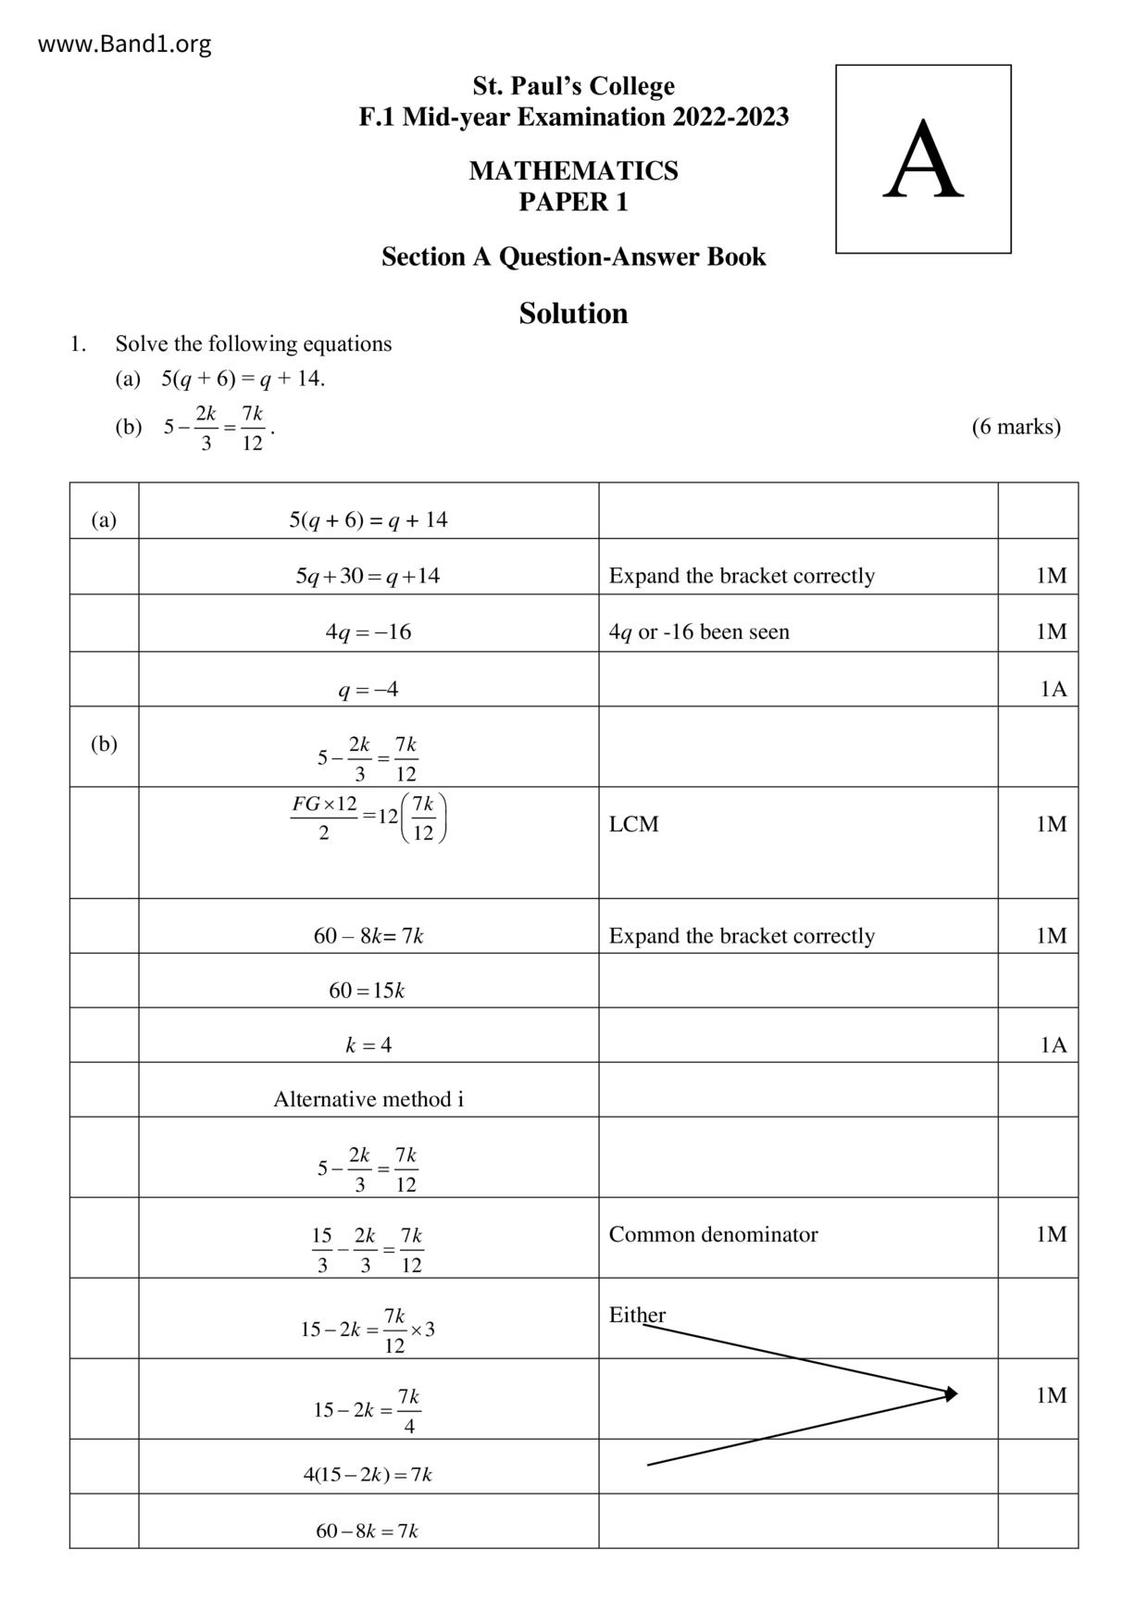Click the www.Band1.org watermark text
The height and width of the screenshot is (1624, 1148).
124,44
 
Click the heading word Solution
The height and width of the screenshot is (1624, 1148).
573,313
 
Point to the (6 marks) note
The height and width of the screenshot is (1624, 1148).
1016,427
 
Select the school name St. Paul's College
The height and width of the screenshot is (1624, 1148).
573,86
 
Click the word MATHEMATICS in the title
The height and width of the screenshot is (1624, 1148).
573,170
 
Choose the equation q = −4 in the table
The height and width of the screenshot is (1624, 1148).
368,689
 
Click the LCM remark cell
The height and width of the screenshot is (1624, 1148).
634,824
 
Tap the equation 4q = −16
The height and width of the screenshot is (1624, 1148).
368,632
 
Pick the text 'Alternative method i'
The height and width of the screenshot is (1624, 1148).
368,1099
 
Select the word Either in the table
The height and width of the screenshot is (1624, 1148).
637,1315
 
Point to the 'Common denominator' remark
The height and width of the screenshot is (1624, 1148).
713,1234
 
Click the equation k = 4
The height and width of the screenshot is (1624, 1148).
368,1045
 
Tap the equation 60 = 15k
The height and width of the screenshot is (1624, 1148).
367,991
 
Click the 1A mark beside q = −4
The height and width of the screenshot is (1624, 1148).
1053,689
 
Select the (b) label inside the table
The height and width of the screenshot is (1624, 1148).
104,743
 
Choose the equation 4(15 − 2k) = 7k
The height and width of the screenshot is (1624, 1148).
367,1475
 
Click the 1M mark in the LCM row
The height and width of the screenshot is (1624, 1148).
1051,824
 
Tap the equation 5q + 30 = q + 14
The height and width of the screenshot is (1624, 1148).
368,576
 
